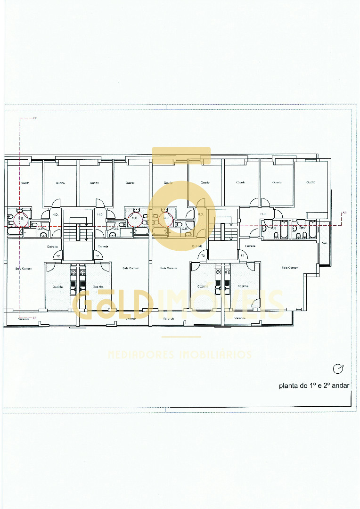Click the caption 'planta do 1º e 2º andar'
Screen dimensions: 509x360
click(314, 386)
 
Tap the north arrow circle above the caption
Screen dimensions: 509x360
click(337, 369)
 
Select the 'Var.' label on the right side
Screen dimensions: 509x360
click(324, 243)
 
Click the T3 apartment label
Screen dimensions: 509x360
click(242, 255)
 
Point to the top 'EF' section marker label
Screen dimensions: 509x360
click(35, 117)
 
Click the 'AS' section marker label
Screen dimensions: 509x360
click(344, 213)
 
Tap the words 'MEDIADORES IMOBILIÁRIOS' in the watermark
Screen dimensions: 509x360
click(180, 355)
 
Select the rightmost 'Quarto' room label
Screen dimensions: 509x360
click(311, 182)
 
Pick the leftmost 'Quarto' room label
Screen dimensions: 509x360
click(25, 182)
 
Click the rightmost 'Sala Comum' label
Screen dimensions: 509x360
click(290, 268)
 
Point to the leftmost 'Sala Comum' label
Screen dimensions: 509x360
click(24, 268)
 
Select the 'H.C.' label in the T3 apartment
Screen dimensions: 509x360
click(263, 213)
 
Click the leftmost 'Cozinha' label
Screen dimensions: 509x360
click(57, 287)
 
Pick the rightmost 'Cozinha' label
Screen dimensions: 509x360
click(243, 287)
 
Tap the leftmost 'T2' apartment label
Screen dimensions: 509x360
click(58, 256)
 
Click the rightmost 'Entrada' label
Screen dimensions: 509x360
click(250, 246)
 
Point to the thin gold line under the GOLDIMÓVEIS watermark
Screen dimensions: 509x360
click(181, 337)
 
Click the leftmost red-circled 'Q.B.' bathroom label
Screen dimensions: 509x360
click(20, 218)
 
